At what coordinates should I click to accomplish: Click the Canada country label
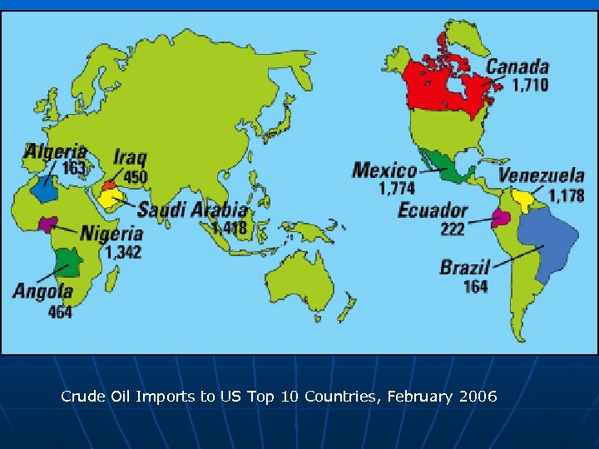click(x=517, y=67)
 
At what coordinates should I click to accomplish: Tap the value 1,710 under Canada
click(x=530, y=85)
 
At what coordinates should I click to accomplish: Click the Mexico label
click(x=384, y=170)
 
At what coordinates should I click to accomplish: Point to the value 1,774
click(x=397, y=190)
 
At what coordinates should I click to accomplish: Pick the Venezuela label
click(x=542, y=175)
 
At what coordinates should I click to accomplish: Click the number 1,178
click(x=566, y=196)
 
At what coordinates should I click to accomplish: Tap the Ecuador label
click(x=433, y=210)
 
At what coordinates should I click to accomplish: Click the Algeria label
click(x=55, y=151)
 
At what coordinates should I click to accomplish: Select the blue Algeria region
click(x=46, y=189)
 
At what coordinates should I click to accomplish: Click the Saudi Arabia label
click(x=193, y=210)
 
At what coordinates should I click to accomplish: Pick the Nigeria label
click(x=112, y=234)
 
